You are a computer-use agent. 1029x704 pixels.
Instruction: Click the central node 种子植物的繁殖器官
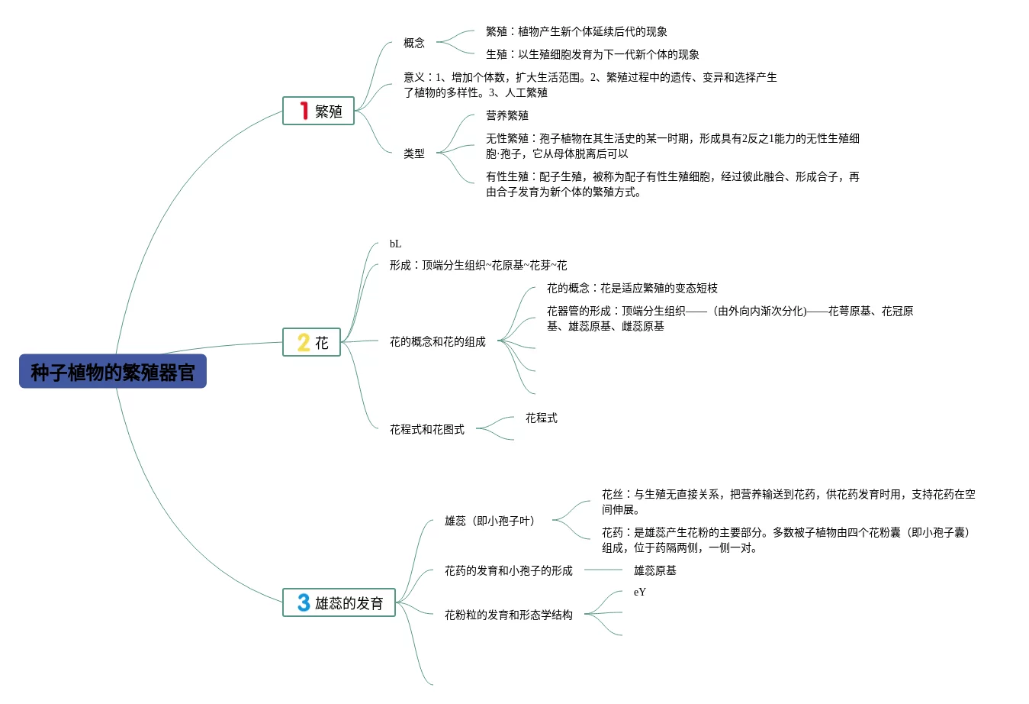113,372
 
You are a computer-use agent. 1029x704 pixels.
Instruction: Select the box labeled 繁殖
319,111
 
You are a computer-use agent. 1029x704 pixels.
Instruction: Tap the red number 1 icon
304,111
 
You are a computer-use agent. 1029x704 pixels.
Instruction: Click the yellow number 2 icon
303,343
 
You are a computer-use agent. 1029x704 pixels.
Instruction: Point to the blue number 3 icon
304,603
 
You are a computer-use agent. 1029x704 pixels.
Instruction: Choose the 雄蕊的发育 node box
339,603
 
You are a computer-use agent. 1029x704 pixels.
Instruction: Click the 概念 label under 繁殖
414,44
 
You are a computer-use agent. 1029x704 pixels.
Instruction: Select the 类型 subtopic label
414,153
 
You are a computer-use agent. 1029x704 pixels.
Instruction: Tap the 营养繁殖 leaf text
507,115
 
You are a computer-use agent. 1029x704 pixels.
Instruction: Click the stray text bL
395,244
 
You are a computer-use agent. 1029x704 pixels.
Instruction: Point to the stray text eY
639,593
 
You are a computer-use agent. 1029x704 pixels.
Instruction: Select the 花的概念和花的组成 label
437,342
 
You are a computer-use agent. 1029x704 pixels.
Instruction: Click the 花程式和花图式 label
426,430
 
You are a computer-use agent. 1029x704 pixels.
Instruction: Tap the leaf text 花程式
541,418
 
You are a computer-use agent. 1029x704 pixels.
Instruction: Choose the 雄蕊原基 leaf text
654,571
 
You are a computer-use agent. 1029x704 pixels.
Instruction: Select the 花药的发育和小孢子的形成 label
508,571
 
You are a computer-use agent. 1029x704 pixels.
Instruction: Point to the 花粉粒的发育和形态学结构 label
508,615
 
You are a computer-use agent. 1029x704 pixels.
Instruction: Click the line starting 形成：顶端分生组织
478,266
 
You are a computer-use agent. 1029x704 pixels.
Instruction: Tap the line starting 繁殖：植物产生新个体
576,32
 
